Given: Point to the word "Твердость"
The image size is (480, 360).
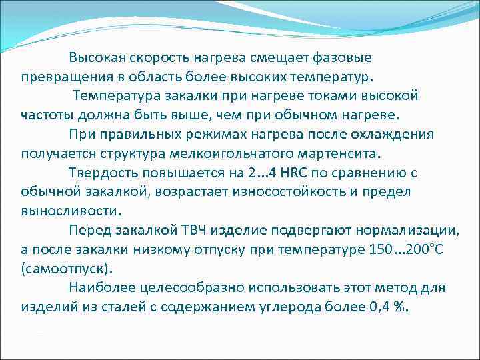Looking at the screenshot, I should [x=101, y=173].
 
